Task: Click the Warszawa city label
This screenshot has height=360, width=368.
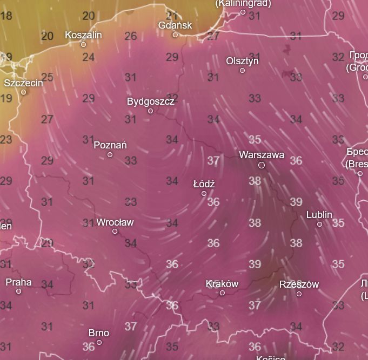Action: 262,155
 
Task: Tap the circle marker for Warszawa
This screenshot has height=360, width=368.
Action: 262,165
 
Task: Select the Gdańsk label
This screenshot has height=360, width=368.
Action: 175,25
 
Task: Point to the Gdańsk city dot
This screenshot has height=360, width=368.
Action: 175,35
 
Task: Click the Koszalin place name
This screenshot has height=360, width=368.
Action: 83,35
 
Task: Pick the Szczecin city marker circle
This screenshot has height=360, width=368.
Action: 23,92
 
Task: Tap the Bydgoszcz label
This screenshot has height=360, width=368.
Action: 151,101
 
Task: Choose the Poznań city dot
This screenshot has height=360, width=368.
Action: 110,155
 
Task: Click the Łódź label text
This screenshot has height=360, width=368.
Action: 204,184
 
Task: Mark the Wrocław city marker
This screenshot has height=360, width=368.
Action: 115,232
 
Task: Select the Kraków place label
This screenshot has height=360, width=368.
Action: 222,284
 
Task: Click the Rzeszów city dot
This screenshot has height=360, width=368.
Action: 299,294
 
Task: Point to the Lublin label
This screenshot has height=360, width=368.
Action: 319,215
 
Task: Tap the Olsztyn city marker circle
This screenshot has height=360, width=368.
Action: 242,71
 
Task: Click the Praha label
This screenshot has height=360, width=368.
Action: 18,282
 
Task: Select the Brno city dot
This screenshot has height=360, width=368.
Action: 99,342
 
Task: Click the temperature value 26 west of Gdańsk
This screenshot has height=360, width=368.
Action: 130,36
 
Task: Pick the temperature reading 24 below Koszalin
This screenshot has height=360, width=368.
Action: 89,57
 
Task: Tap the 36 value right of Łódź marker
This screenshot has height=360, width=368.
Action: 213,202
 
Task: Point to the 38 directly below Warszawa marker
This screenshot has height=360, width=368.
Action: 255,181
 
